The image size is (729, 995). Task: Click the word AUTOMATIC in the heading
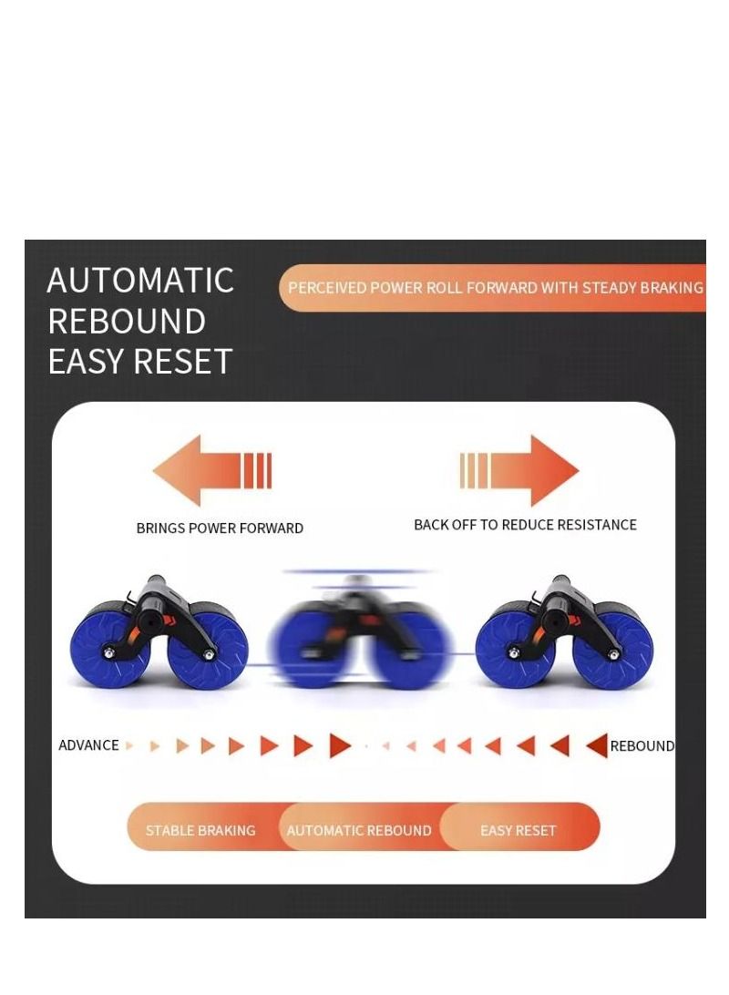(140, 281)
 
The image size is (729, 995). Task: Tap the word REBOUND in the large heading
(127, 322)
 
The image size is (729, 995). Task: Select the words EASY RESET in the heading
(140, 362)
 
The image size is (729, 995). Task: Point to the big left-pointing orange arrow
(211, 470)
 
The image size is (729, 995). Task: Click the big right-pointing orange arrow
(520, 470)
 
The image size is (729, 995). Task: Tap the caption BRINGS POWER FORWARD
(220, 528)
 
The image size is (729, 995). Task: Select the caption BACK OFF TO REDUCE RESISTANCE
(525, 525)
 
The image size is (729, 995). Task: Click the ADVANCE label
(88, 745)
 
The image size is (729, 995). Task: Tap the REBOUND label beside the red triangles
(642, 746)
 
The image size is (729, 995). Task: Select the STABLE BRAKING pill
(200, 830)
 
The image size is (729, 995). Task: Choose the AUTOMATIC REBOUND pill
(359, 830)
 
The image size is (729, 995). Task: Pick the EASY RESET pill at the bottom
(518, 830)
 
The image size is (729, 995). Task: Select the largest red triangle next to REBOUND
(597, 745)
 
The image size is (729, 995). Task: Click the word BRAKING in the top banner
(672, 288)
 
